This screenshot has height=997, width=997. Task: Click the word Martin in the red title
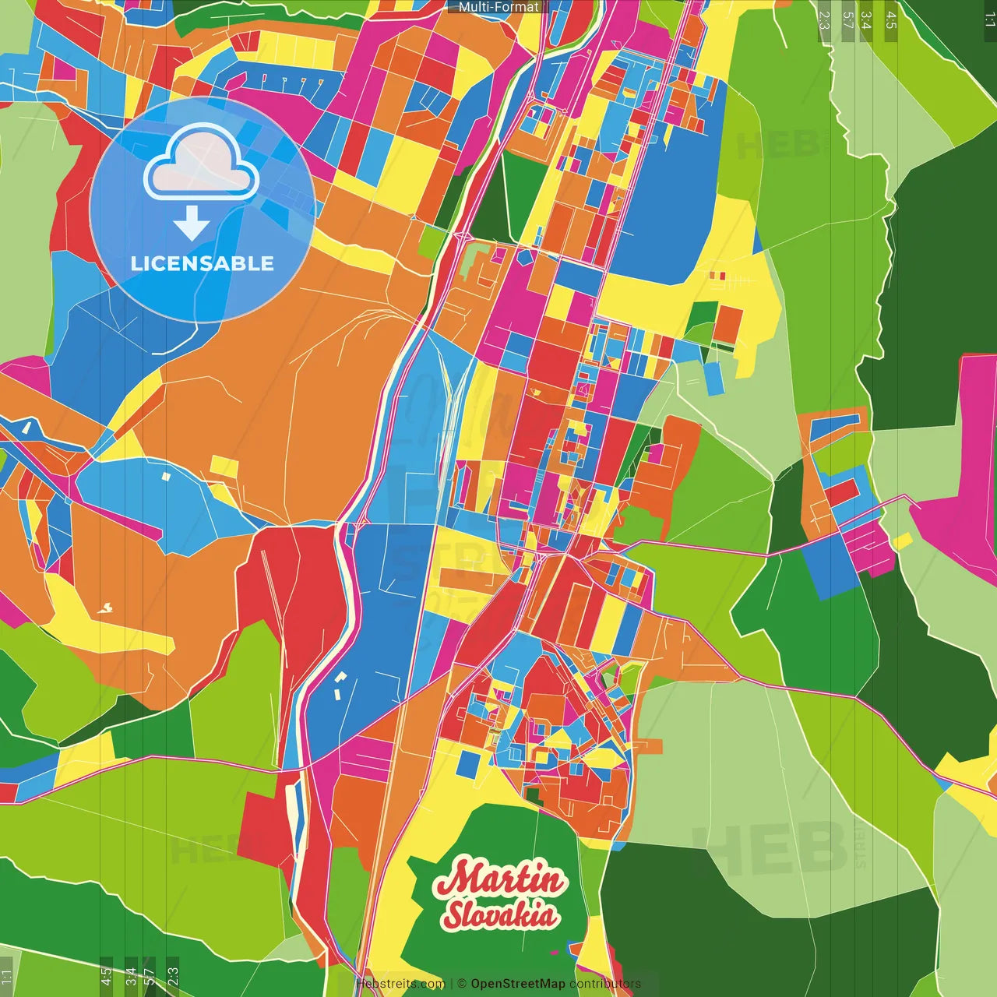click(x=498, y=879)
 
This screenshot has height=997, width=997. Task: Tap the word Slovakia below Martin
click(x=500, y=914)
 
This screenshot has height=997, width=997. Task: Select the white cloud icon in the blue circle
click(x=202, y=164)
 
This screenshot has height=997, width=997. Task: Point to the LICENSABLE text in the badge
click(x=203, y=263)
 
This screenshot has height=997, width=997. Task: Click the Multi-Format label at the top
click(x=498, y=7)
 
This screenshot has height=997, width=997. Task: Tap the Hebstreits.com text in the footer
click(x=400, y=984)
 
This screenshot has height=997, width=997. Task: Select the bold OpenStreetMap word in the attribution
click(x=517, y=984)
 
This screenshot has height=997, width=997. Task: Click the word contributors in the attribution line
click(x=605, y=984)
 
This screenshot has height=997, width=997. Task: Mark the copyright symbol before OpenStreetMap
click(x=461, y=984)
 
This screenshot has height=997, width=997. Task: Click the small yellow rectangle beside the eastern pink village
click(x=902, y=540)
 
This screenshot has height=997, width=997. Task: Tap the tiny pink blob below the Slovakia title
click(x=554, y=952)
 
